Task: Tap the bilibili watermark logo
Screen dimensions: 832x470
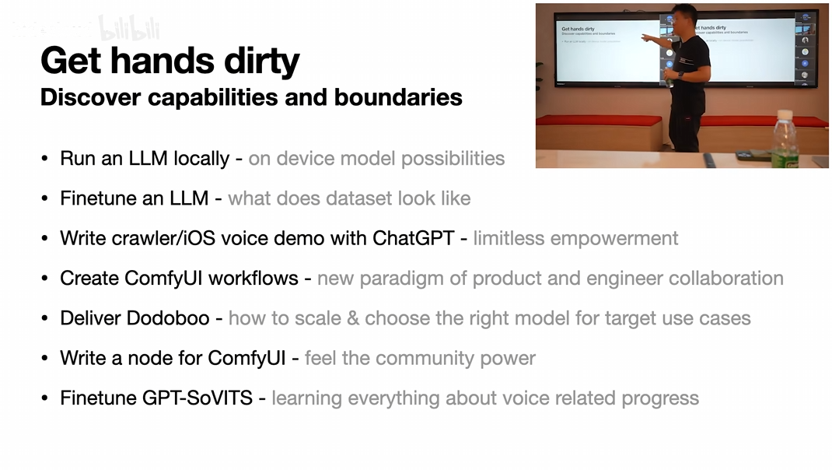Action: coord(130,28)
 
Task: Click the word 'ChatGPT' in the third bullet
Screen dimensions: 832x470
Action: coord(414,238)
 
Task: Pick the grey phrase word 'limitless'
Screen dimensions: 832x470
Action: coord(509,238)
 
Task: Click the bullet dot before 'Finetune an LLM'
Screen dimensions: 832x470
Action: coord(44,198)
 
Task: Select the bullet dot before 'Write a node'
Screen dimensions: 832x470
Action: coord(44,359)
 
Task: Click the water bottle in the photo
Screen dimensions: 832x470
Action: coord(785,139)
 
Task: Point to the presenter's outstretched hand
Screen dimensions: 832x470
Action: coord(646,37)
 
